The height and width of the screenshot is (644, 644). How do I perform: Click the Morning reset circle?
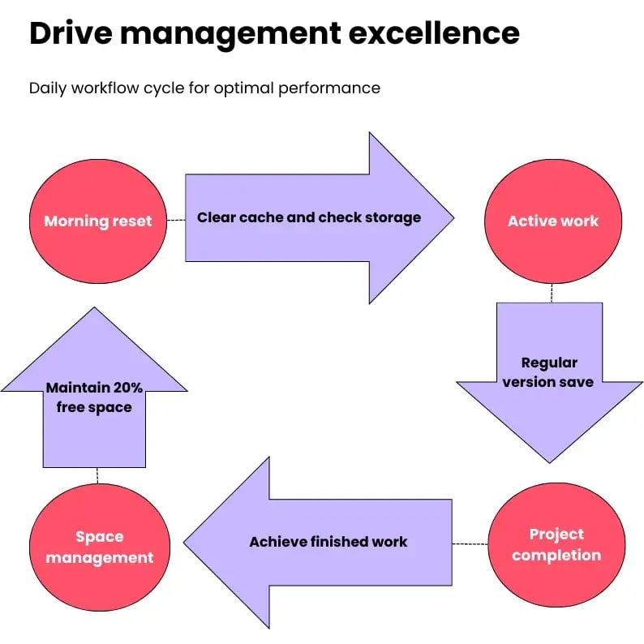[x=97, y=220]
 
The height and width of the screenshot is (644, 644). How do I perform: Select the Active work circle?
[x=552, y=220]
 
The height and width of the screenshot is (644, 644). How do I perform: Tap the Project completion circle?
[x=556, y=544]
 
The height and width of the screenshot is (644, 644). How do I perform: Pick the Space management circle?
[x=99, y=547]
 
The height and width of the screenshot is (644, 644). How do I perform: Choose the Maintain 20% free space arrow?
[x=94, y=397]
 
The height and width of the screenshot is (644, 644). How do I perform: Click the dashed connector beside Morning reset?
[x=175, y=220]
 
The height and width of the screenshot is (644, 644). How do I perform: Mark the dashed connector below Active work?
[x=552, y=293]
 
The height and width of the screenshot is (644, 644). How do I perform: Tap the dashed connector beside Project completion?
[x=470, y=543]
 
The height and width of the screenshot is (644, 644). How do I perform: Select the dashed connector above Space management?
[x=97, y=476]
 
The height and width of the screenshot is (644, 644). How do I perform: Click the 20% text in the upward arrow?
[x=127, y=389]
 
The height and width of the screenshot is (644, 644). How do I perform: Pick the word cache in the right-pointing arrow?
[x=257, y=217]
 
